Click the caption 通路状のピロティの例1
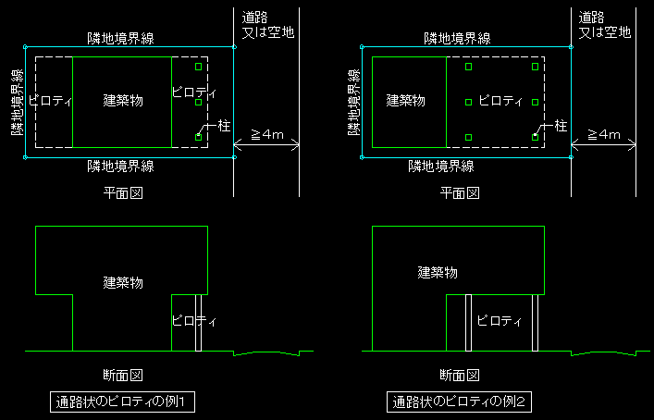pos(122,402)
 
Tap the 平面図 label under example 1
pos(123,192)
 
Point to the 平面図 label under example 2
pos(460,192)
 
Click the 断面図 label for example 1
pos(123,376)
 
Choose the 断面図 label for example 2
pos(460,376)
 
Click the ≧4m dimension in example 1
pos(267,134)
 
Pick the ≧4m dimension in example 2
pos(603,134)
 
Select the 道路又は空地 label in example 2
pos(605,24)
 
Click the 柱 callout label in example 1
pos(223,125)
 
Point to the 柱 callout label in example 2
pos(559,125)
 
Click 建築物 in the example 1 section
pos(123,281)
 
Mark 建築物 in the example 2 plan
pos(405,100)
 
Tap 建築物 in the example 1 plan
pos(123,100)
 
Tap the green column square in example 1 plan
pos(198,67)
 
